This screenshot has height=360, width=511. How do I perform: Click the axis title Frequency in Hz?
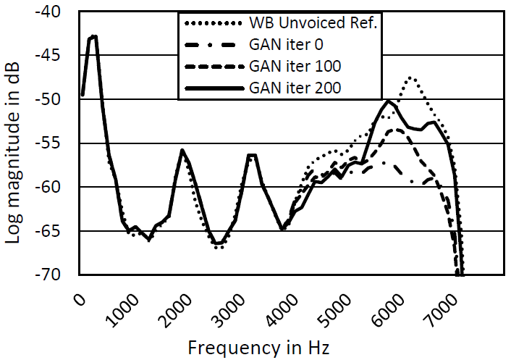[259, 347]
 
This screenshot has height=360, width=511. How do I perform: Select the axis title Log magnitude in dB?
[14, 143]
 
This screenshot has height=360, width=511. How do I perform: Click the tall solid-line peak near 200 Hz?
[93, 36]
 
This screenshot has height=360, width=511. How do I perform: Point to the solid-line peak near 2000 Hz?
[182, 151]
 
